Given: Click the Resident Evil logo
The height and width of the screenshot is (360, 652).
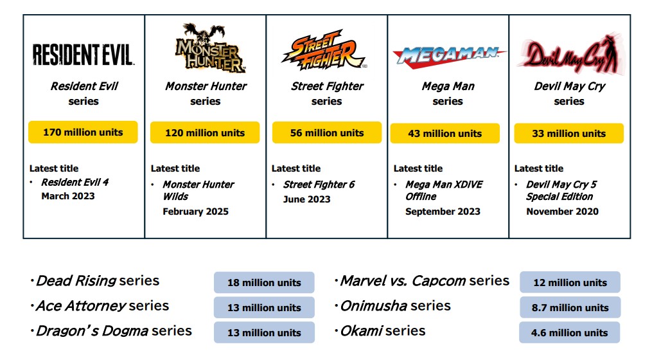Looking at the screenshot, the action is click(84, 55).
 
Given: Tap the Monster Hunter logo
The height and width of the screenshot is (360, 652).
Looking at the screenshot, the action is click(211, 48).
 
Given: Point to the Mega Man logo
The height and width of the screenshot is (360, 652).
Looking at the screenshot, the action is click(449, 55).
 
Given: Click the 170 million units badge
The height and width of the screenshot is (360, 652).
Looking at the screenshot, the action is click(83, 132).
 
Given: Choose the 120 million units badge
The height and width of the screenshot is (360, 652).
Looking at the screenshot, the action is click(205, 133).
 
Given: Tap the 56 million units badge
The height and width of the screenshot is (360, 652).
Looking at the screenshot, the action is click(327, 133).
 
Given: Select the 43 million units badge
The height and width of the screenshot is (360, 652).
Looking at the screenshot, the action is click(445, 134).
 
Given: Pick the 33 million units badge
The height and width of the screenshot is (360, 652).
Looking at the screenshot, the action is click(569, 134).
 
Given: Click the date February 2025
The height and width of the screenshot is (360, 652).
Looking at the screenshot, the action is click(195, 212).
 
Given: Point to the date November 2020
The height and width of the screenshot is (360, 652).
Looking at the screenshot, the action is click(562, 212).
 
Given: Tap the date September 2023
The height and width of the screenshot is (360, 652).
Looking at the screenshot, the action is click(443, 212).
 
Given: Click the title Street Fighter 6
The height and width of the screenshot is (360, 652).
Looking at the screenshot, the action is click(319, 184).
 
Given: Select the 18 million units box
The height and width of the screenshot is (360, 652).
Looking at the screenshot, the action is click(264, 283).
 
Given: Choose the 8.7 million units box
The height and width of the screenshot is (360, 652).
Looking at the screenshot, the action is click(570, 307).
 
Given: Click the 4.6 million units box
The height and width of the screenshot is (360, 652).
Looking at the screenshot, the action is click(569, 332).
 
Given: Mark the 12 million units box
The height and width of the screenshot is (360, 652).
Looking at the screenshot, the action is click(570, 283).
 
